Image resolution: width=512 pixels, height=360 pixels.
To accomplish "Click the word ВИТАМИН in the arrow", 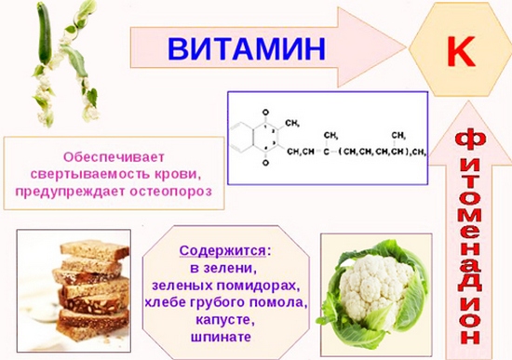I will pyautogui.click(x=246, y=47).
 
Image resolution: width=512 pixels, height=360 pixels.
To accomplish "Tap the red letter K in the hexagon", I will pyautogui.click(x=460, y=50).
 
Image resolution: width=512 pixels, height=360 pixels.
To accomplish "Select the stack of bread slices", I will pyautogui.click(x=84, y=289).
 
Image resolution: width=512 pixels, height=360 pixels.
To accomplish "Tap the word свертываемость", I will pyautogui.click(x=103, y=174).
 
